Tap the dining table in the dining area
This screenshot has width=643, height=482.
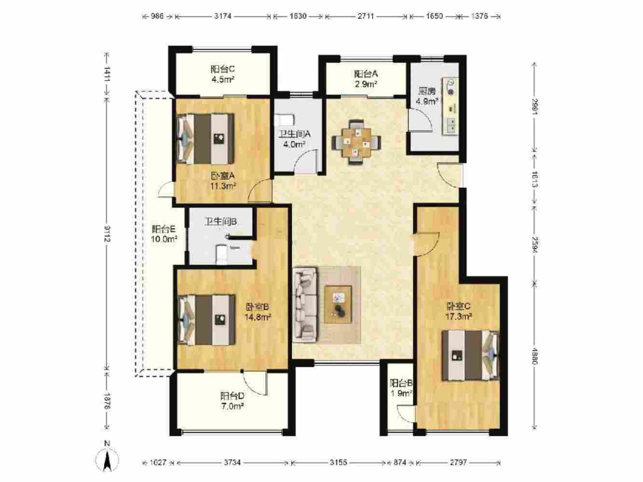pos(356,142)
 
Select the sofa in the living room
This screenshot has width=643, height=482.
pos(305,304)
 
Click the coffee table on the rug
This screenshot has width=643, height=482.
pos(338,304)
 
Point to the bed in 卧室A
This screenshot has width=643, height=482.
pos(205,139)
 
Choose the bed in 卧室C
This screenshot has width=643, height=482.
pos(470,355)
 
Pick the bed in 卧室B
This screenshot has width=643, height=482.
pos(206,320)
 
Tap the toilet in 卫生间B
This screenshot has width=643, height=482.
pos(221,254)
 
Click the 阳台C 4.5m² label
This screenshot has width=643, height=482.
pos(223,74)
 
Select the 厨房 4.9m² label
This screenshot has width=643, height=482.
pos(427,96)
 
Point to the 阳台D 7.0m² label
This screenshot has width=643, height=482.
pos(233,401)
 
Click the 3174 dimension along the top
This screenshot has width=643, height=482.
pos(223,16)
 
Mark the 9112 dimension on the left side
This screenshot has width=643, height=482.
pos(107,234)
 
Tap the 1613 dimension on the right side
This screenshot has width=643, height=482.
pos(535,179)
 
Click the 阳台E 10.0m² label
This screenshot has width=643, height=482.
pos(164,234)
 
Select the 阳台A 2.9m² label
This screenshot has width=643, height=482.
pos(366,79)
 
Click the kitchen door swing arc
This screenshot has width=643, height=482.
pos(425,117)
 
